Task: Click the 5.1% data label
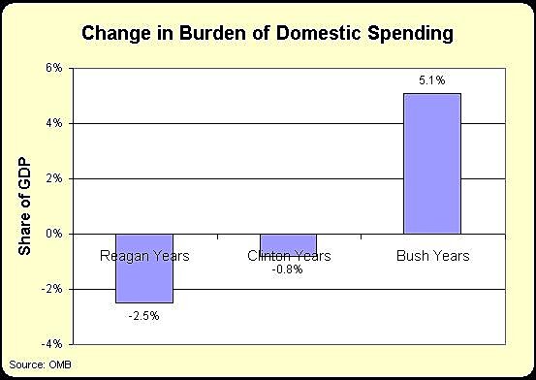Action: tap(432, 81)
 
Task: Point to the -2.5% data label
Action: tap(144, 316)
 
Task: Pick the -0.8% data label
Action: tap(288, 269)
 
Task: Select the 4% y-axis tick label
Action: tap(53, 124)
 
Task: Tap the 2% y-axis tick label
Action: tap(53, 179)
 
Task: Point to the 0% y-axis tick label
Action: tap(53, 234)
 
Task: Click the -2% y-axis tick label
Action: tap(51, 289)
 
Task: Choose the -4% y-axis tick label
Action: tap(51, 344)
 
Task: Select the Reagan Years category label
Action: tap(144, 257)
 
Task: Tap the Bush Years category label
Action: tap(432, 257)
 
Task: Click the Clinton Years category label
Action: tap(289, 257)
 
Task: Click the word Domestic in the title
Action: tap(327, 36)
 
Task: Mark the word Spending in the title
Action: tap(414, 36)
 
